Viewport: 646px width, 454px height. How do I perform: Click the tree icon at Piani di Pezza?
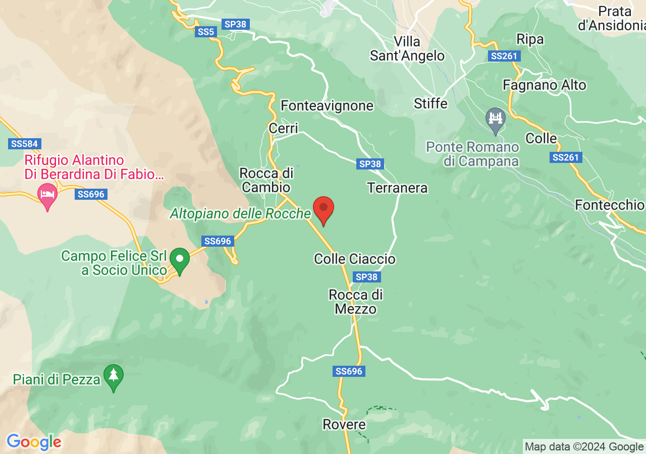point(114,376)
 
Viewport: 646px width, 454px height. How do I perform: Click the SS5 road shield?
point(206,32)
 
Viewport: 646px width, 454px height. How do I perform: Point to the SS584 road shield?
point(24,144)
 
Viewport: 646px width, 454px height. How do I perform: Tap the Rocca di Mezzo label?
point(356,301)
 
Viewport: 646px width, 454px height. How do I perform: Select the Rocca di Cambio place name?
point(266,180)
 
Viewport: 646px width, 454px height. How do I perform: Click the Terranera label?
point(397,188)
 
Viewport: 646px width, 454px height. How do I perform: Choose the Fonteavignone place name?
point(327,106)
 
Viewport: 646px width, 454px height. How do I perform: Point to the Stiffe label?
point(430,103)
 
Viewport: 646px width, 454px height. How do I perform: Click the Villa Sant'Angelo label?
point(407,48)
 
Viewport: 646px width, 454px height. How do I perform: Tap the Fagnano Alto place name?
point(545,85)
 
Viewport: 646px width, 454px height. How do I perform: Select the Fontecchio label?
point(610,205)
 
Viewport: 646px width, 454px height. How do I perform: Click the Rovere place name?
point(344,425)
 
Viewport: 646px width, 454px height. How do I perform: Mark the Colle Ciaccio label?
point(355,259)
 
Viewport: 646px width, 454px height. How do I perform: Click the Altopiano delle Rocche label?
point(240,214)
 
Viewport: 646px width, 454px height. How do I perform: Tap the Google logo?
point(34,442)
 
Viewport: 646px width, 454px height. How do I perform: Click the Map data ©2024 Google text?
point(584,446)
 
